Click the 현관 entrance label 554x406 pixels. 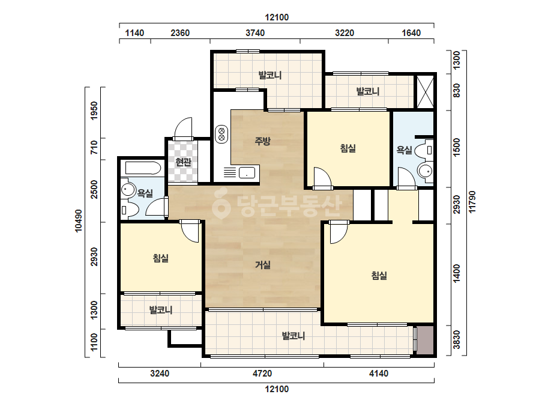point(184,162)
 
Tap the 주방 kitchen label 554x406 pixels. point(262,141)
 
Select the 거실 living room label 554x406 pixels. point(263,264)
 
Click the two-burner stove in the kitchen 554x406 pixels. point(221,134)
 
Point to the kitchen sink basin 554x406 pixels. point(247,173)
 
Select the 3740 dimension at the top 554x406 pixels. point(255,33)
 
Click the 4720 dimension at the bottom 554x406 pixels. point(262,373)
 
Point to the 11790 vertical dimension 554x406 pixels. point(472,202)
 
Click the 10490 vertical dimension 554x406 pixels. point(79,221)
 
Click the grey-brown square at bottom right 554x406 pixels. point(425,340)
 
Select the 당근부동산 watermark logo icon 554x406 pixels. point(221,204)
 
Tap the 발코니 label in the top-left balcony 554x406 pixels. point(270,75)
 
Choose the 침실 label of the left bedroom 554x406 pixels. point(161,258)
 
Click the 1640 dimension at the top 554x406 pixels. point(411,33)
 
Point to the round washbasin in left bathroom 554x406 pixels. point(127,190)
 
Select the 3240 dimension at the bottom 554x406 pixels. point(160,373)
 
